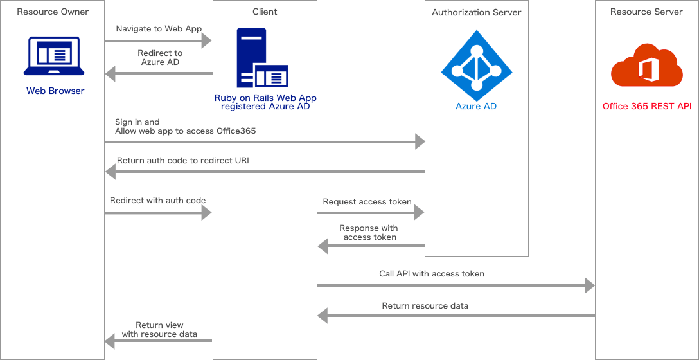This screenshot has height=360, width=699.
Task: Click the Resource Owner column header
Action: pyautogui.click(x=52, y=12)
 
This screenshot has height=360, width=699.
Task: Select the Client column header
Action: pyautogui.click(x=265, y=12)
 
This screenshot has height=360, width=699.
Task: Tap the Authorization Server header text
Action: pyautogui.click(x=476, y=12)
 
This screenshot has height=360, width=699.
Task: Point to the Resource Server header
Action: pyautogui.click(x=646, y=12)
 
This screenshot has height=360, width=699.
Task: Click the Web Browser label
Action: pyautogui.click(x=55, y=91)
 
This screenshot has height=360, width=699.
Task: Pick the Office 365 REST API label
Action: pyautogui.click(x=646, y=106)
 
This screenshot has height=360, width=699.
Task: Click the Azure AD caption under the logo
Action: pyautogui.click(x=476, y=107)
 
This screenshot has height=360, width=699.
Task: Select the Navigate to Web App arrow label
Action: pyautogui.click(x=159, y=29)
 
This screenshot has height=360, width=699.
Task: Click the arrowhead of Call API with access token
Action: pyautogui.click(x=589, y=285)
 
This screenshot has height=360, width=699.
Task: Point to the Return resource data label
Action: pyautogui.click(x=425, y=306)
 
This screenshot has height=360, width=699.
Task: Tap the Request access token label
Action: pyautogui.click(x=367, y=202)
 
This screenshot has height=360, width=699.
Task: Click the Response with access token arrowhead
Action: pyautogui.click(x=323, y=245)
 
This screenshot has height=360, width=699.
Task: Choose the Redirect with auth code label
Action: pyautogui.click(x=157, y=201)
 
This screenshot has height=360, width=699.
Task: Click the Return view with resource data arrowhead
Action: pyautogui.click(x=110, y=341)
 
